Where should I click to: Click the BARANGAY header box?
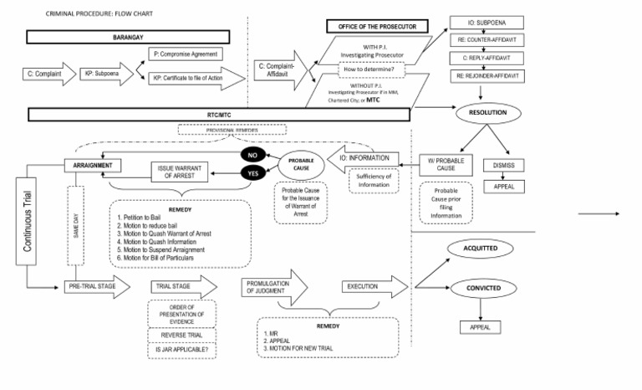(x=127, y=38)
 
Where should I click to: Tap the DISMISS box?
(x=503, y=164)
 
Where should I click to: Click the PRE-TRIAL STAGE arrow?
(x=95, y=286)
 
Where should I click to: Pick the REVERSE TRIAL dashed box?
(x=181, y=335)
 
